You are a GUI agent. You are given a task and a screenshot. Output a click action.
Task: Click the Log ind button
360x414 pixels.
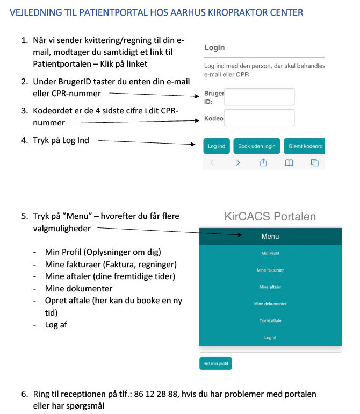click(217, 146)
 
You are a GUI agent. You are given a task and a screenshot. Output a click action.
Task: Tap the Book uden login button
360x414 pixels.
click(256, 146)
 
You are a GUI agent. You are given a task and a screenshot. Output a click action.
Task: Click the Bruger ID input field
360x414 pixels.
click(259, 97)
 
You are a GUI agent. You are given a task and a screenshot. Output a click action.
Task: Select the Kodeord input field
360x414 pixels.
click(259, 118)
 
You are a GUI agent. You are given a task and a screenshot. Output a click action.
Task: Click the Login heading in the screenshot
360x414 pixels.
click(214, 47)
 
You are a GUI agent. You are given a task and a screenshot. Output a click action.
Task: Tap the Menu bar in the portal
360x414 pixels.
click(270, 237)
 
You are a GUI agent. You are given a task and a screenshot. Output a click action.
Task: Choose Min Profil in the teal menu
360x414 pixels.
click(270, 253)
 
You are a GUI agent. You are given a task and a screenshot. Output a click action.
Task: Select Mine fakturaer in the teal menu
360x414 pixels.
click(270, 270)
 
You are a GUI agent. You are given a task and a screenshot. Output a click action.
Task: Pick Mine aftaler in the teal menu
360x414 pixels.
click(270, 287)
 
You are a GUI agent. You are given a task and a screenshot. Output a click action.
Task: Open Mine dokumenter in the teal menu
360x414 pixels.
click(270, 304)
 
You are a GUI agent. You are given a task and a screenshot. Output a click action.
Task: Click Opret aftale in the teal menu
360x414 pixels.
click(270, 321)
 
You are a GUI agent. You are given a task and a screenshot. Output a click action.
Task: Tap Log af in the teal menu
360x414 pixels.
click(270, 338)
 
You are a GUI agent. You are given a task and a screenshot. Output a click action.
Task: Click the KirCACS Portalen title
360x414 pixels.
click(270, 217)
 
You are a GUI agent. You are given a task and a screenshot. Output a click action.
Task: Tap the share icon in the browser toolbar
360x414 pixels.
click(264, 163)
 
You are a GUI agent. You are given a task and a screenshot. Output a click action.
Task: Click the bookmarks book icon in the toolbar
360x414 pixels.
click(289, 163)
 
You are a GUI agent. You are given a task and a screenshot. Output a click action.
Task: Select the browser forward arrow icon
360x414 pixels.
click(238, 163)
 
